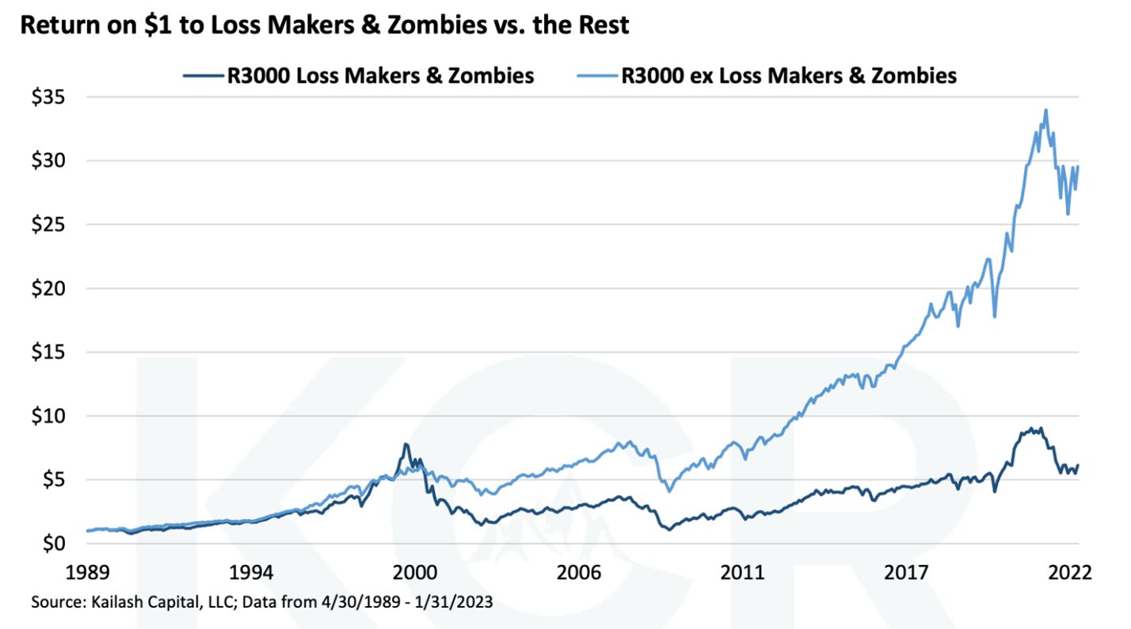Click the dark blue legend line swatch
pyautogui.click(x=203, y=76)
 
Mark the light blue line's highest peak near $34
pyautogui.click(x=1046, y=110)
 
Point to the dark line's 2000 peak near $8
pyautogui.click(x=406, y=444)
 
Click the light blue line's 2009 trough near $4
pyautogui.click(x=669, y=491)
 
